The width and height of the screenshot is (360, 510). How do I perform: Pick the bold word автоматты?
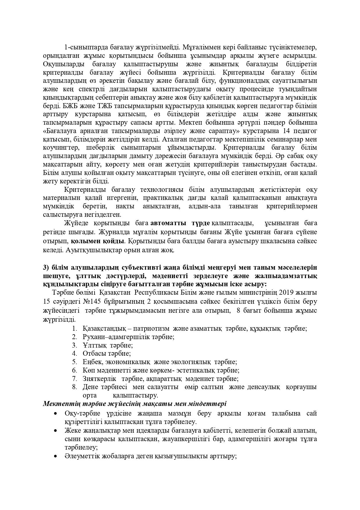tap(169, 223)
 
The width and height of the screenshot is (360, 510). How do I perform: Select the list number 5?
tap(75, 362)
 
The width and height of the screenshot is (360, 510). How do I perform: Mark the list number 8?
tap(75, 387)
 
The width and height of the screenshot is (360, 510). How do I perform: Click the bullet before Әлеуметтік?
tap(55, 457)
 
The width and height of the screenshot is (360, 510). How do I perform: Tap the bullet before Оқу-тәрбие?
tap(55, 414)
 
